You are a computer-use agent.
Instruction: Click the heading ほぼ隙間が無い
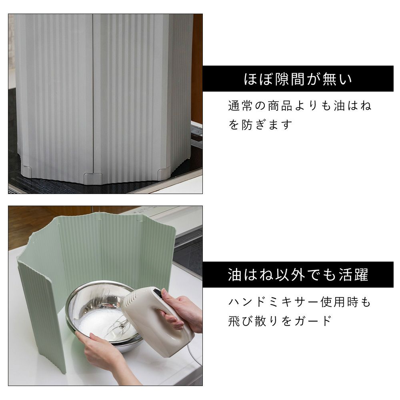[298, 79]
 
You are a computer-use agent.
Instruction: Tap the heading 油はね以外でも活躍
[298, 275]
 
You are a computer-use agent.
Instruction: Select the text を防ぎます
[260, 125]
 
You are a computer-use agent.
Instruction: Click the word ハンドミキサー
[273, 302]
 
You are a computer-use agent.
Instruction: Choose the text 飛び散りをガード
[280, 321]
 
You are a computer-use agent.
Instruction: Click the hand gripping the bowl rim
[102, 352]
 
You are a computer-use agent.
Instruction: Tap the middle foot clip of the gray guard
[93, 178]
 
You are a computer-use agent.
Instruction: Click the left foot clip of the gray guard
[26, 171]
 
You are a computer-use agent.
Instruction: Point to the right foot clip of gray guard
[164, 172]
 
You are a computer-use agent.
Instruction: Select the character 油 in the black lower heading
[234, 275]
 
